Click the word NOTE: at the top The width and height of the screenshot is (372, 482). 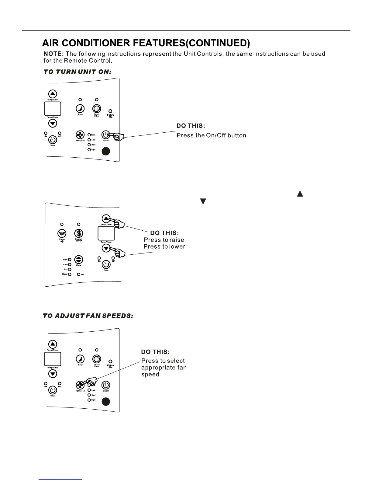tap(53, 54)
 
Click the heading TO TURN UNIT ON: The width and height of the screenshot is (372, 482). tap(77, 72)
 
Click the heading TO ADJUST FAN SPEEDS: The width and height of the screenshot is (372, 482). tap(88, 316)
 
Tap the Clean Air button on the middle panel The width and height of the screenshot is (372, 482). tap(62, 233)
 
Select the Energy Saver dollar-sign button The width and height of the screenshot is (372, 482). tap(79, 233)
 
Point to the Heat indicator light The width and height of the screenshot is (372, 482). tap(70, 274)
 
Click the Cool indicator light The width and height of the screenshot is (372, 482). tap(70, 264)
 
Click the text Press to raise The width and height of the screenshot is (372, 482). tap(164, 240)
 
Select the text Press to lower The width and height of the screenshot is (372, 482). tap(164, 246)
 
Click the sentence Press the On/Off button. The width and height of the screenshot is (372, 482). tap(212, 135)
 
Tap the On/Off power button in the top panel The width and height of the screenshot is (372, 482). tap(105, 134)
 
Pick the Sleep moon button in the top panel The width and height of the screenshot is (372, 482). tap(80, 109)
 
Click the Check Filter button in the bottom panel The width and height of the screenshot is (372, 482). tap(97, 359)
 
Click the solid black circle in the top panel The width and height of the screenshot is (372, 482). tap(105, 151)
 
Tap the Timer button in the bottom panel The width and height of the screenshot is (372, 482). tap(53, 390)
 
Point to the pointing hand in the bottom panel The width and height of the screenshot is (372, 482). tap(91, 381)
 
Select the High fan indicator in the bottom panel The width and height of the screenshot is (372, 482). tap(89, 400)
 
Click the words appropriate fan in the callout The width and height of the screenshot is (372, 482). tap(164, 368)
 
